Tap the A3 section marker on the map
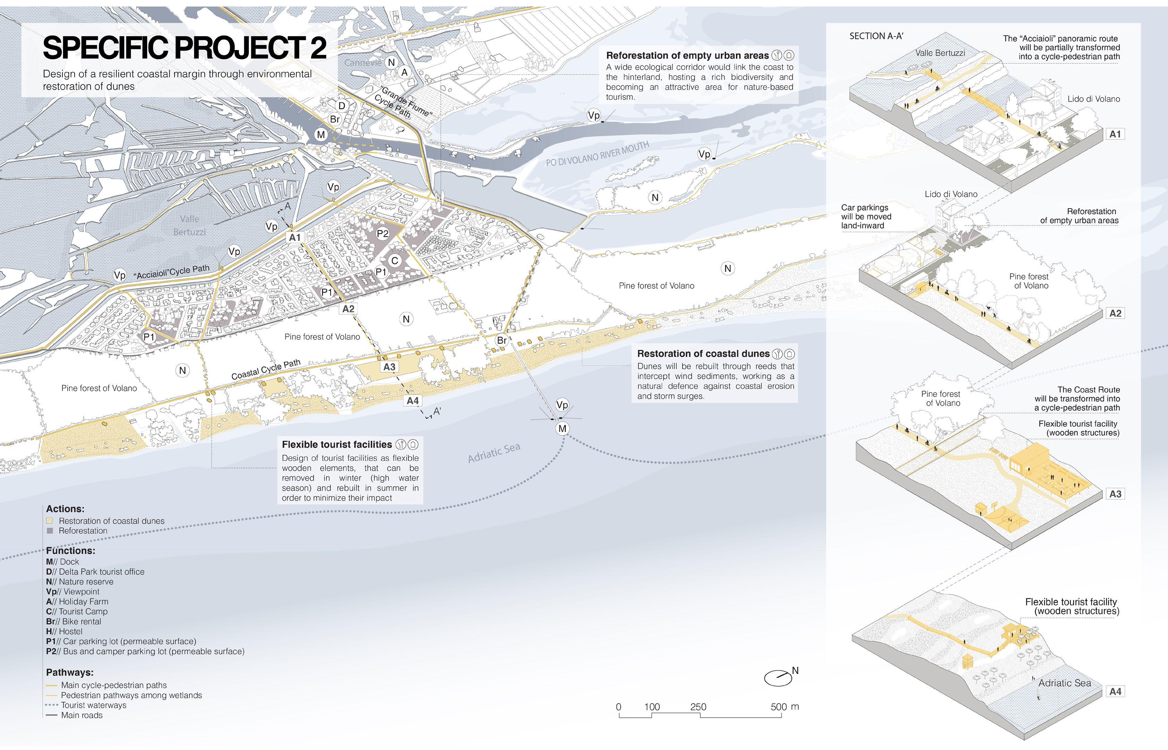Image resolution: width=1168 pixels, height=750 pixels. pyautogui.click(x=389, y=367)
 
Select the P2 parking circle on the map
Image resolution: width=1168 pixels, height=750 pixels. pyautogui.click(x=383, y=234)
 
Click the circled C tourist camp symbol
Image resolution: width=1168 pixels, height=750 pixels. pyautogui.click(x=395, y=261)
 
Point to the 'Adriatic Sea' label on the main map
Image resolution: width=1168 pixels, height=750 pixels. pyautogui.click(x=493, y=453)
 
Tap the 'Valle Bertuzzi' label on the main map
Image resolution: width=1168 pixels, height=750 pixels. pyautogui.click(x=189, y=225)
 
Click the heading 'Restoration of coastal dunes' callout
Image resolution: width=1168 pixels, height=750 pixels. pyautogui.click(x=703, y=353)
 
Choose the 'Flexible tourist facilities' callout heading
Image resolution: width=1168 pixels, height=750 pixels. pyautogui.click(x=337, y=444)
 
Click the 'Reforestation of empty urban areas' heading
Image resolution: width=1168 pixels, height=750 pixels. pyautogui.click(x=687, y=56)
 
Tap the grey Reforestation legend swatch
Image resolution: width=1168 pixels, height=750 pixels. pyautogui.click(x=50, y=531)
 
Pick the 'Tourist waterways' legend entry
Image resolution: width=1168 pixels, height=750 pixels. pyautogui.click(x=93, y=705)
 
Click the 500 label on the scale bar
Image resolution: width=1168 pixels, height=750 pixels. pyautogui.click(x=778, y=707)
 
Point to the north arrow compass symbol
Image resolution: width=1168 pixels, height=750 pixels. pyautogui.click(x=778, y=677)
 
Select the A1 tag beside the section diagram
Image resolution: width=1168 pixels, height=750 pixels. pyautogui.click(x=1115, y=134)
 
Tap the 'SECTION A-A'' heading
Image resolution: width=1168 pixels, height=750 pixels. pyautogui.click(x=876, y=36)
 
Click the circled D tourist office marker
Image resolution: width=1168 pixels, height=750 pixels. pyautogui.click(x=342, y=106)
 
